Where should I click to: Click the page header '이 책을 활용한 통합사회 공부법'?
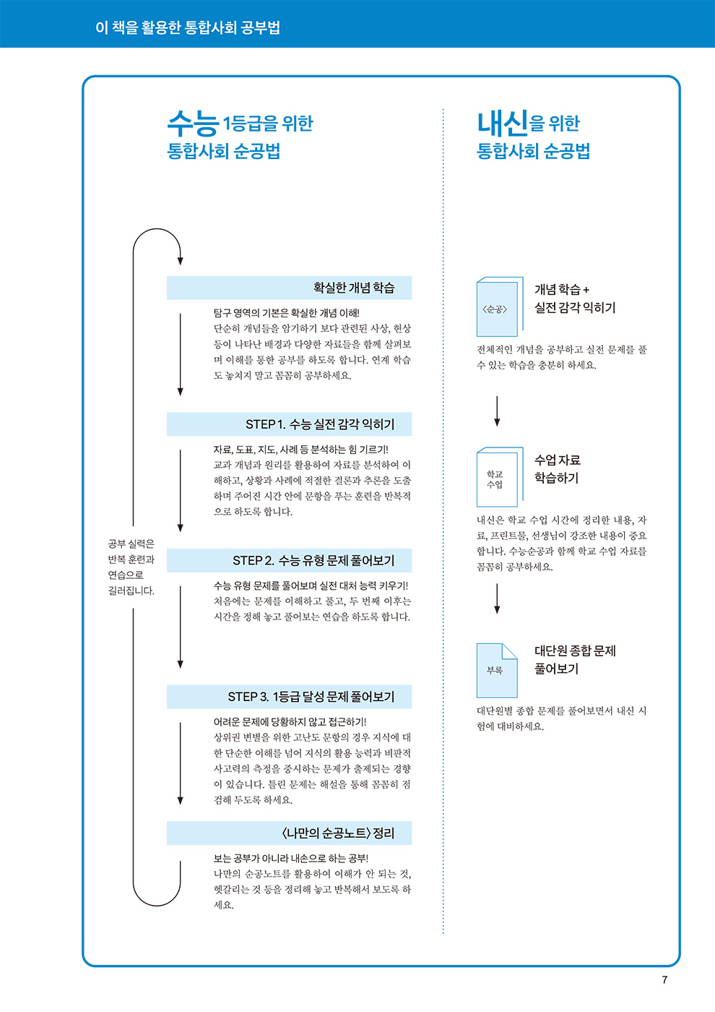188,27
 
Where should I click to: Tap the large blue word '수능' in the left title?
193,124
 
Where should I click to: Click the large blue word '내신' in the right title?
503,124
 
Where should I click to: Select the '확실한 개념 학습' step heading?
353,288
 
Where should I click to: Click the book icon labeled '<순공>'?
498,307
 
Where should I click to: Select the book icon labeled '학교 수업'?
498,478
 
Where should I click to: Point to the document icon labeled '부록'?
497,670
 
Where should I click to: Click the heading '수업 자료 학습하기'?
557,468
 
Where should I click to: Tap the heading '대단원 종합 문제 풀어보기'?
574,659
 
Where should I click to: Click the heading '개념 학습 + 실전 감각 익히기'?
574,299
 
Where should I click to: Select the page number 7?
664,980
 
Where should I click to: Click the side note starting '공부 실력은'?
131,567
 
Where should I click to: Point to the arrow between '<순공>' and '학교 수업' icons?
497,411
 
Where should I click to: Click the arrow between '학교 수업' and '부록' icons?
497,598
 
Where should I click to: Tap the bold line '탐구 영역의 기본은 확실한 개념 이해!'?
286,313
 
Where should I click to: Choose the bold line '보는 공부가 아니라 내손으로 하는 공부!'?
290,859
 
